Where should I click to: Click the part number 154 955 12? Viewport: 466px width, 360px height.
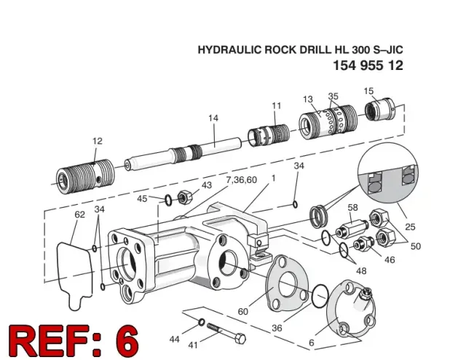click(368, 66)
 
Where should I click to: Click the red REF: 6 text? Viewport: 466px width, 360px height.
click(74, 340)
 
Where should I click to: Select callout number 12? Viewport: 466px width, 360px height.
click(98, 141)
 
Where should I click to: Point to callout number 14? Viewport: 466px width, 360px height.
click(213, 118)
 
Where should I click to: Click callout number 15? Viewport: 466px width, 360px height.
click(368, 91)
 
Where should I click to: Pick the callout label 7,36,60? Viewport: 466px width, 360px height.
click(241, 180)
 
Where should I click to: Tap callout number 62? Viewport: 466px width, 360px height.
click(79, 214)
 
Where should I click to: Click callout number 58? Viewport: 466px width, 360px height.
click(352, 208)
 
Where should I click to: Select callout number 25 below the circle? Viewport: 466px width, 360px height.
click(410, 227)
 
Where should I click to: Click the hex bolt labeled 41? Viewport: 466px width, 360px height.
click(226, 332)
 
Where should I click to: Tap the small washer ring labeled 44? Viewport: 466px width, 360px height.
click(202, 322)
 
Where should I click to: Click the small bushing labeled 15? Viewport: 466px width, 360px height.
click(380, 109)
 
